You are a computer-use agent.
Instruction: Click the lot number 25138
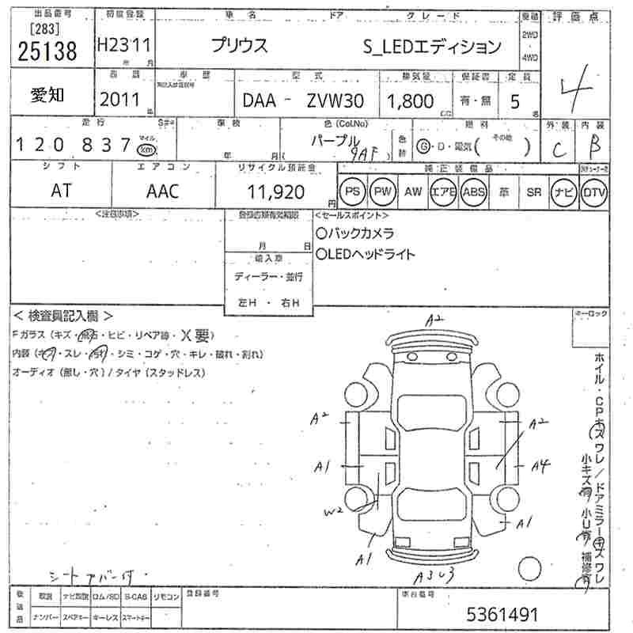47,51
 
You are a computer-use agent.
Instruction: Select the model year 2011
120,99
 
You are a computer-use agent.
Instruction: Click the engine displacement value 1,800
410,100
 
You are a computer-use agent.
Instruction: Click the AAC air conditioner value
163,191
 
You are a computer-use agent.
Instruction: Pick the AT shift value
61,191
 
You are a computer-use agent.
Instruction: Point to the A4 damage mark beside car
540,466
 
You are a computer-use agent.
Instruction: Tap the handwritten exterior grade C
558,147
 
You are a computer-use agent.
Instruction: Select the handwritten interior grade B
595,146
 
